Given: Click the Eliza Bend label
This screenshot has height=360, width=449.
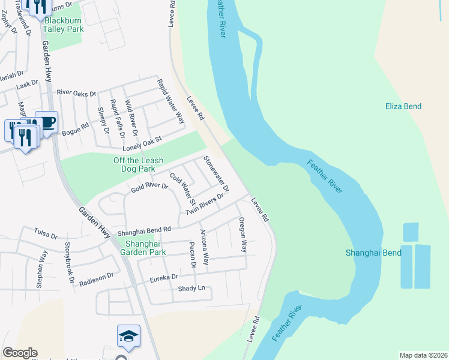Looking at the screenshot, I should tap(403, 106).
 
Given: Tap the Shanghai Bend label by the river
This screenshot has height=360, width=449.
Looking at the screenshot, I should tap(373, 253).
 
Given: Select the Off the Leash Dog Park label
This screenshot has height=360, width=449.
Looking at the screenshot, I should tap(139, 164).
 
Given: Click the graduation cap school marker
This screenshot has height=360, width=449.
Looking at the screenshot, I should tap(128, 337).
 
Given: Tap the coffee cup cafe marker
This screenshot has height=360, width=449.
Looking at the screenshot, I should tap(47, 122).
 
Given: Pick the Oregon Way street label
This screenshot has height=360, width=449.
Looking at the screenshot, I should tap(243, 235).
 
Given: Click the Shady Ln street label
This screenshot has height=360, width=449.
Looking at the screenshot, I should tap(191, 289).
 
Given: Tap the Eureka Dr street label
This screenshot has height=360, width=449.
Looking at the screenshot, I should tap(164, 277).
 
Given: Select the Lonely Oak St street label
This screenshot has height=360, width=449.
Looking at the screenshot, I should tap(142, 143).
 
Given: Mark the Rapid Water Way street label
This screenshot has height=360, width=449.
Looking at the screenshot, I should tap(171, 101).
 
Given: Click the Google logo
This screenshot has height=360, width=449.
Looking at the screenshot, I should tap(20, 353).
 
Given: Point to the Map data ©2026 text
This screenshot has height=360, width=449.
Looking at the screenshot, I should tap(423, 355).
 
